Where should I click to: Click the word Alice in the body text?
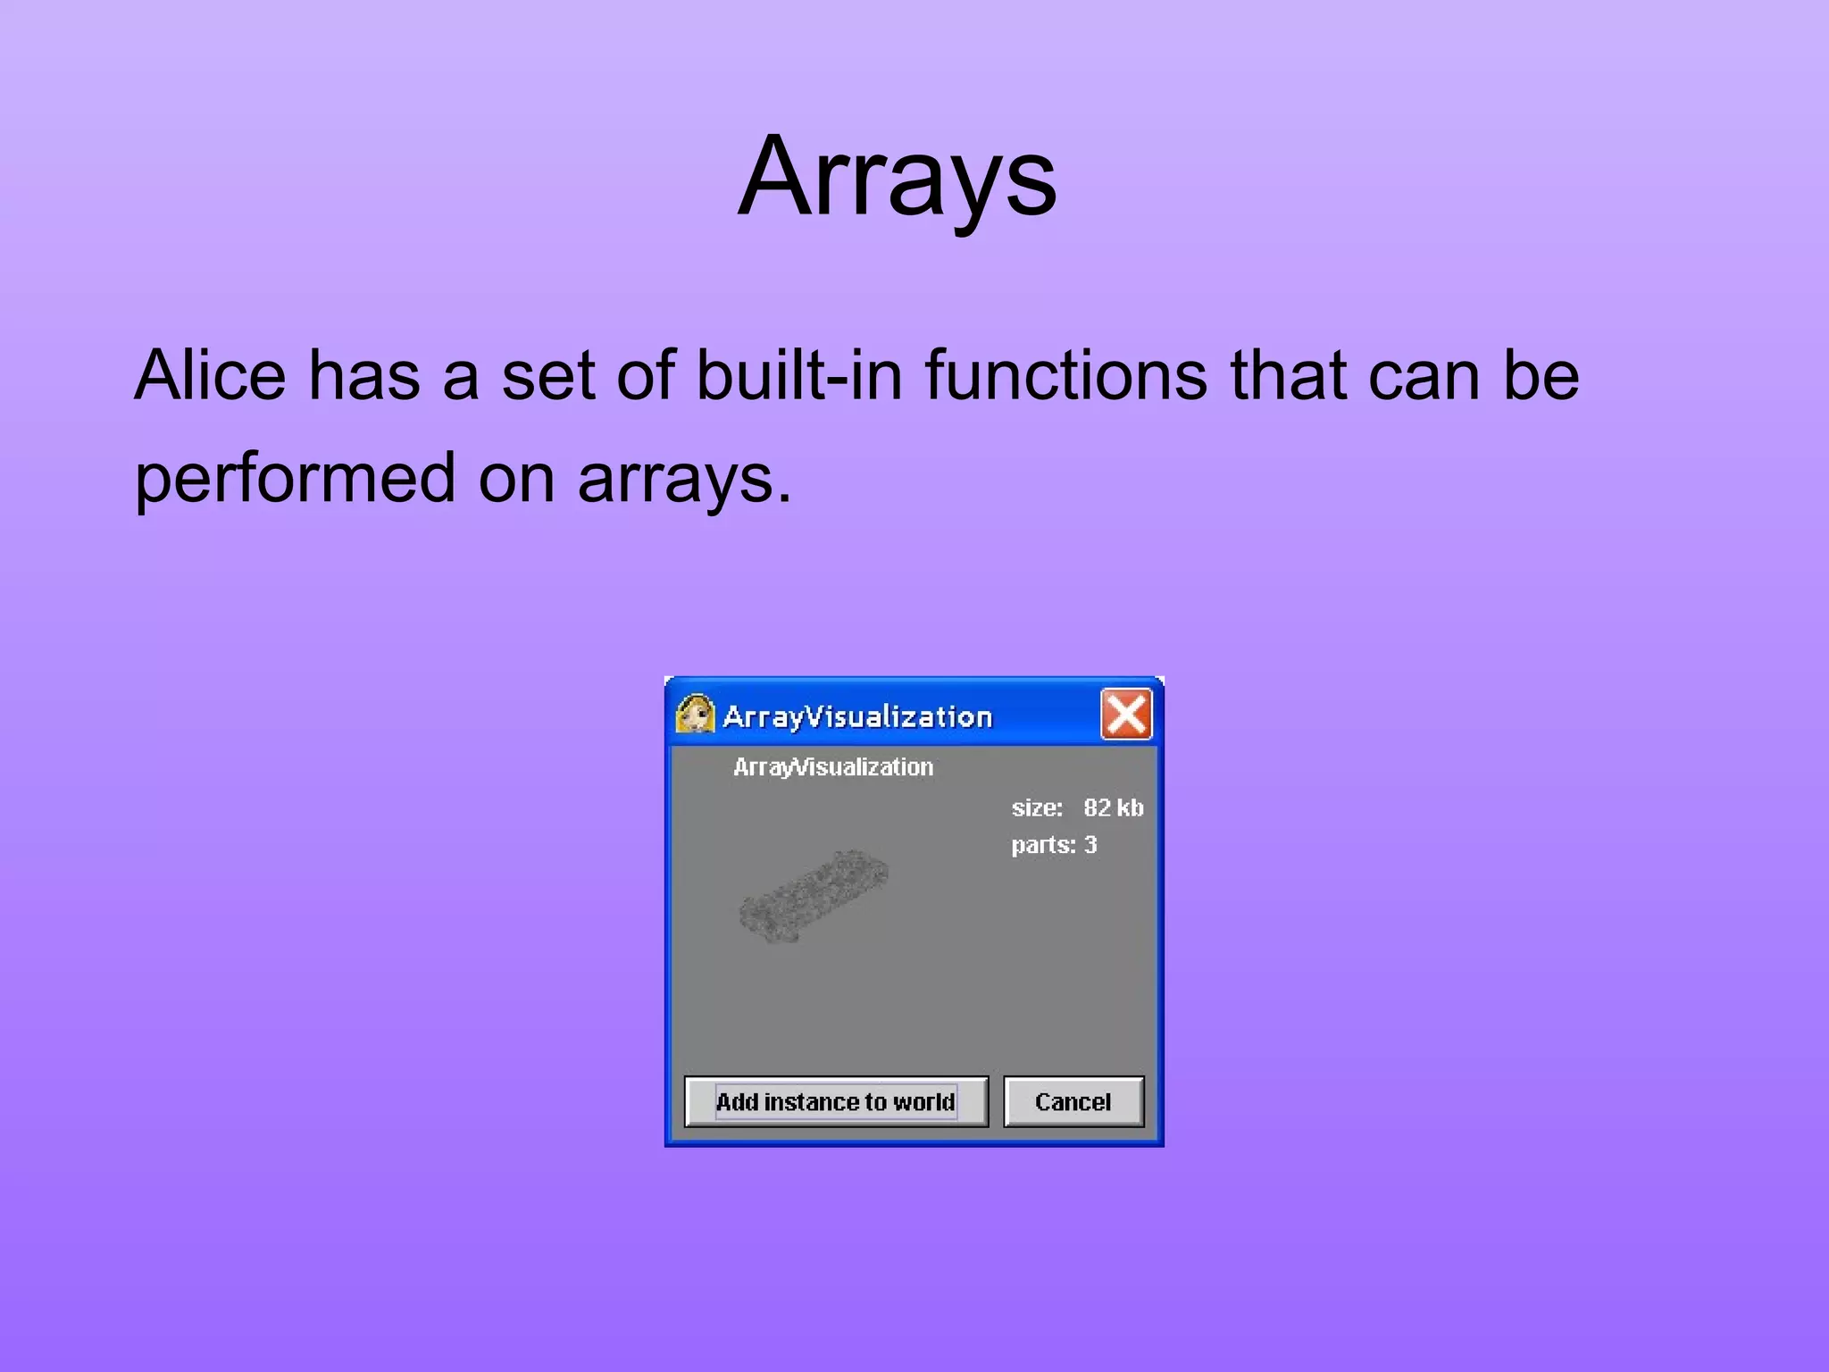pos(210,375)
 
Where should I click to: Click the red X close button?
pos(1125,715)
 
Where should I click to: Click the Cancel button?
pos(1073,1101)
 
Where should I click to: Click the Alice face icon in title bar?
pos(695,715)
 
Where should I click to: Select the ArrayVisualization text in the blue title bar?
pos(857,716)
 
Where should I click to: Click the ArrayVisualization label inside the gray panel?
pos(832,767)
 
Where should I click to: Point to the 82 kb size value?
pos(1113,807)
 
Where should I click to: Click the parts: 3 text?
pos(1054,845)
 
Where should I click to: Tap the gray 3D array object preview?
pos(813,897)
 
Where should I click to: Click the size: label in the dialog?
pos(1037,807)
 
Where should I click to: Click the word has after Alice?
pos(363,375)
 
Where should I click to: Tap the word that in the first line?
pos(1286,375)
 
